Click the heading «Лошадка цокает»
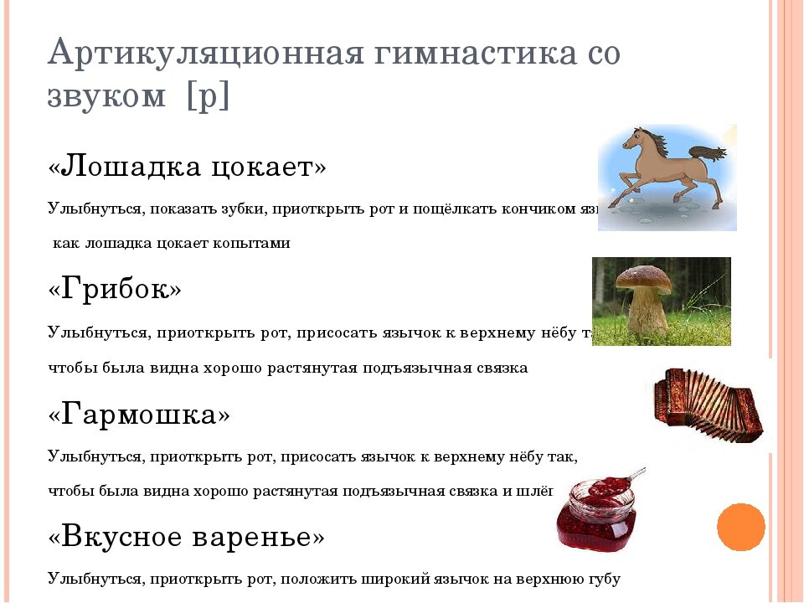pyautogui.click(x=188, y=167)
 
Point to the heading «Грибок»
pyautogui.click(x=115, y=290)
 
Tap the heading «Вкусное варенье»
pyautogui.click(x=186, y=537)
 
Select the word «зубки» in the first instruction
pyautogui.click(x=242, y=209)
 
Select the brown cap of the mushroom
pyautogui.click(x=646, y=279)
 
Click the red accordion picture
pyautogui.click(x=708, y=406)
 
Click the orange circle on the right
pyautogui.click(x=741, y=527)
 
